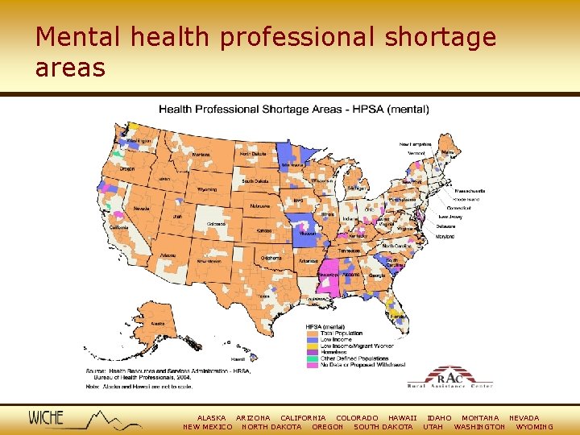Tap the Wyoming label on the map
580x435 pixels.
tap(207, 189)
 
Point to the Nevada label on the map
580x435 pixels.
tap(141, 208)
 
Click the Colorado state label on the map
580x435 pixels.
tap(216, 223)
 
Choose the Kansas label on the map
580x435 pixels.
tap(264, 230)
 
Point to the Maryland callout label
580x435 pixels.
tap(445, 237)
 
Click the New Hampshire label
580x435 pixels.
tap(416, 144)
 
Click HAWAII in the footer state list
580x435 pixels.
tap(402, 418)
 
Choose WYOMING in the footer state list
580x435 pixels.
tap(534, 427)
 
